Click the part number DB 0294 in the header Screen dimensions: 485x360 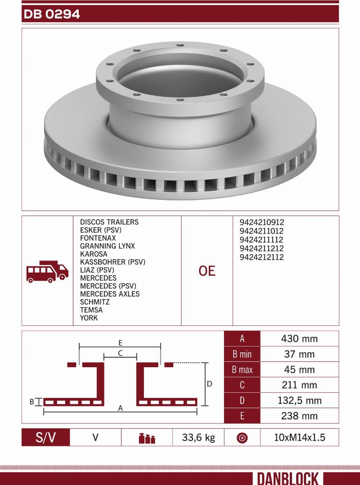51,14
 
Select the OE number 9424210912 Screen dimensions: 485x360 262,222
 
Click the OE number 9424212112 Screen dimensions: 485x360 262,257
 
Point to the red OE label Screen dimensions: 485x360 207,271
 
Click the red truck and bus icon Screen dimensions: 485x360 47,271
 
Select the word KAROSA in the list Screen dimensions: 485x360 94,254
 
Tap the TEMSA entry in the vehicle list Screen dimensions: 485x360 91,310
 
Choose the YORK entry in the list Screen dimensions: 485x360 89,318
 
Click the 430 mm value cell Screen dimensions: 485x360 299,339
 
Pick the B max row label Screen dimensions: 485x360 242,370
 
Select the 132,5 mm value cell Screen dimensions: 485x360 299,400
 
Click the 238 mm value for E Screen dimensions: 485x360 299,416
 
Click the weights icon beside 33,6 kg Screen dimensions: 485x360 147,438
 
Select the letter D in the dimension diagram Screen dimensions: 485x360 209,384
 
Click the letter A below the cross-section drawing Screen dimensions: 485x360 120,408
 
